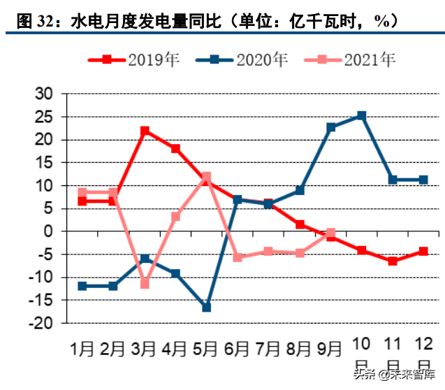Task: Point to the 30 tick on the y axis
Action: pos(44,94)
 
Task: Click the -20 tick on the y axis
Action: pos(41,323)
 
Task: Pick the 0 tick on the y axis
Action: pos(49,231)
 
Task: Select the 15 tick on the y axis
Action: pos(44,163)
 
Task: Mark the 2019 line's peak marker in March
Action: pos(145,131)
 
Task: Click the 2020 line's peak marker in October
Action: pos(361,115)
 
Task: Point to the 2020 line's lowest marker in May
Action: pos(206,308)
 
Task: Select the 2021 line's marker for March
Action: pos(145,284)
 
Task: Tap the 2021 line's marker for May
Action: pos(206,177)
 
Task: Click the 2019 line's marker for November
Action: pos(393,261)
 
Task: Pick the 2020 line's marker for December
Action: pos(423,180)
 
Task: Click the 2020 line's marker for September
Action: pos(331,127)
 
